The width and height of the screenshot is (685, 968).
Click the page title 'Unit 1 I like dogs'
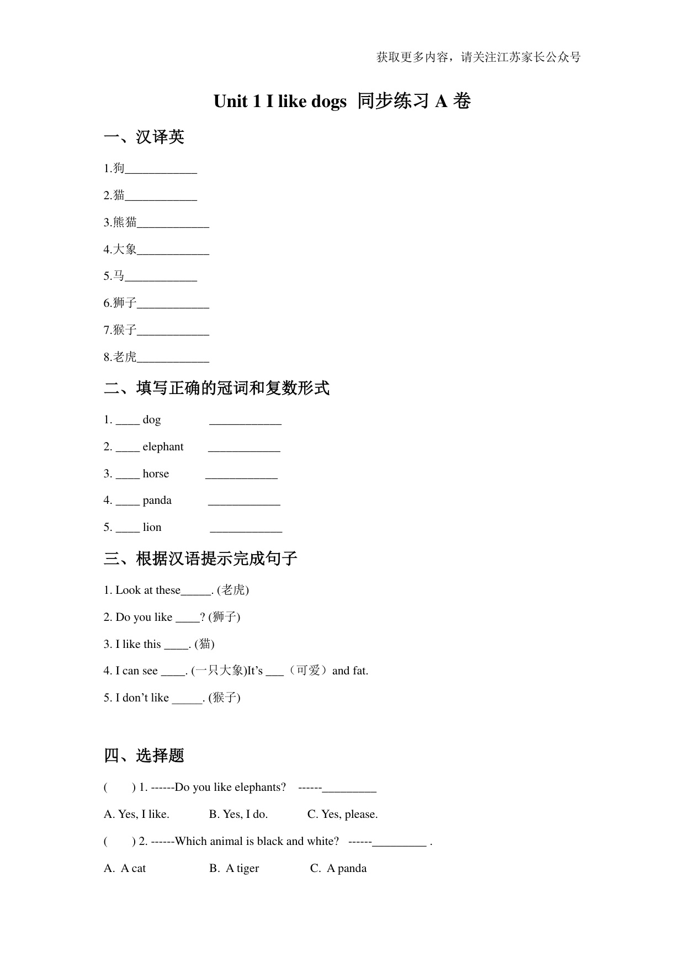(x=280, y=102)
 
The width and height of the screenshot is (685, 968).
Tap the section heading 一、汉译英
(x=144, y=137)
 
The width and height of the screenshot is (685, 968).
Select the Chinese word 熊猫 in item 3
(x=125, y=222)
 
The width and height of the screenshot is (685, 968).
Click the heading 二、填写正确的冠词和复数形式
(x=216, y=388)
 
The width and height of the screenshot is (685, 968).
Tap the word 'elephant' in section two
(x=163, y=447)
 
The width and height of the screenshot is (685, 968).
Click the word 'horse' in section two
(x=156, y=474)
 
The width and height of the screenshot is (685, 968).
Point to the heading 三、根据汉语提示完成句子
(x=200, y=559)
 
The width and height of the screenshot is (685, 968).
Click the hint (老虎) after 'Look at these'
(x=233, y=590)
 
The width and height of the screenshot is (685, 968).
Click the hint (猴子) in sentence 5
(x=224, y=698)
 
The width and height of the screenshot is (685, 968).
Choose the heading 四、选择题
(x=144, y=756)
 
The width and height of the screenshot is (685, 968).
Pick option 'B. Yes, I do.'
(x=238, y=814)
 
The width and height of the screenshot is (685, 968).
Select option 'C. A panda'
(x=338, y=868)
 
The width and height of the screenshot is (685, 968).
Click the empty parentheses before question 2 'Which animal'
(x=119, y=841)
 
